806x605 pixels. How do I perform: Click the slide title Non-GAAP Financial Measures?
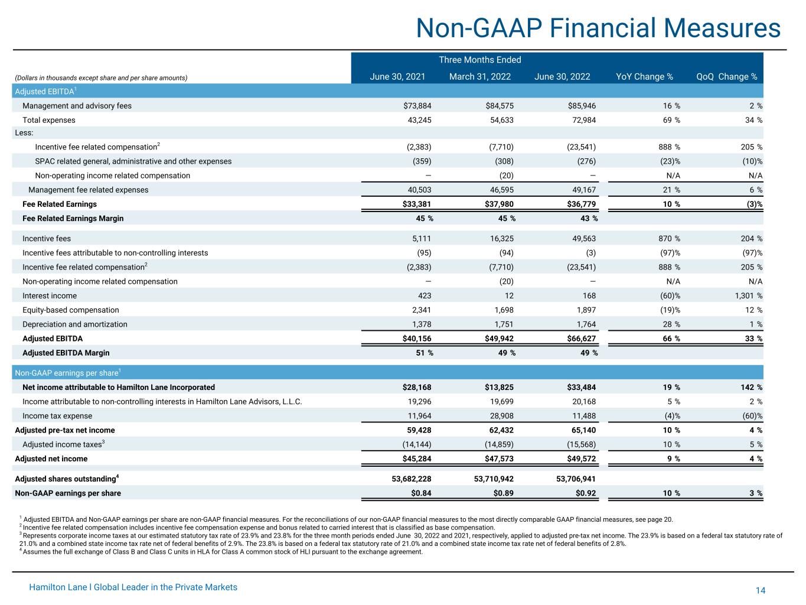pos(598,28)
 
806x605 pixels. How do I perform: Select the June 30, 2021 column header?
pos(397,77)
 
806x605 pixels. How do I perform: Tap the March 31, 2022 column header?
pos(480,77)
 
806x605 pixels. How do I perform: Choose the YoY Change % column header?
pos(644,77)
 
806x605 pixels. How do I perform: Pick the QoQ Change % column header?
pos(727,77)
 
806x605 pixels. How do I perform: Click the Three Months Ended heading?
pos(479,60)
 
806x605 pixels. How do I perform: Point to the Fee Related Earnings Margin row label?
pos(73,219)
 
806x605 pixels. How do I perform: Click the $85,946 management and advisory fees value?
pos(581,106)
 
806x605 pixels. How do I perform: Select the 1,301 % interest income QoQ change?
pos(743,296)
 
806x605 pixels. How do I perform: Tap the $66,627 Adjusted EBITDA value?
pos(581,339)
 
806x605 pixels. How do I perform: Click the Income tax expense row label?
pos(57,416)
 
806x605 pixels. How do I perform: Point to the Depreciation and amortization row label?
pos(75,324)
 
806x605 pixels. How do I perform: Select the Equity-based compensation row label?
pos(71,310)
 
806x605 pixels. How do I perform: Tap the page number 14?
pos(761,591)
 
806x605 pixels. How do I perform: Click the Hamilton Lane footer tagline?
pos(133,587)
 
